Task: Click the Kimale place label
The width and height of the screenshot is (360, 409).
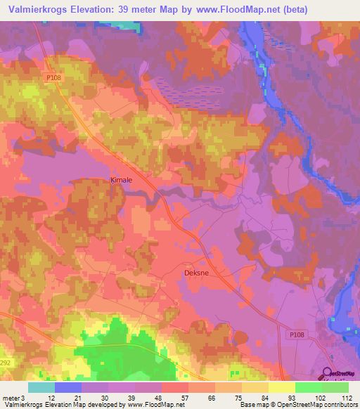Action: click(122, 180)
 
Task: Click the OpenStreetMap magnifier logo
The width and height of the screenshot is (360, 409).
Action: click(327, 374)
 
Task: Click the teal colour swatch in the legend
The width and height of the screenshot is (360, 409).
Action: click(41, 387)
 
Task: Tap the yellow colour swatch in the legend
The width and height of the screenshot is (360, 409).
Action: click(281, 387)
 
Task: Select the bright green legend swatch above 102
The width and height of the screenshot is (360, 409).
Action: click(308, 387)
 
